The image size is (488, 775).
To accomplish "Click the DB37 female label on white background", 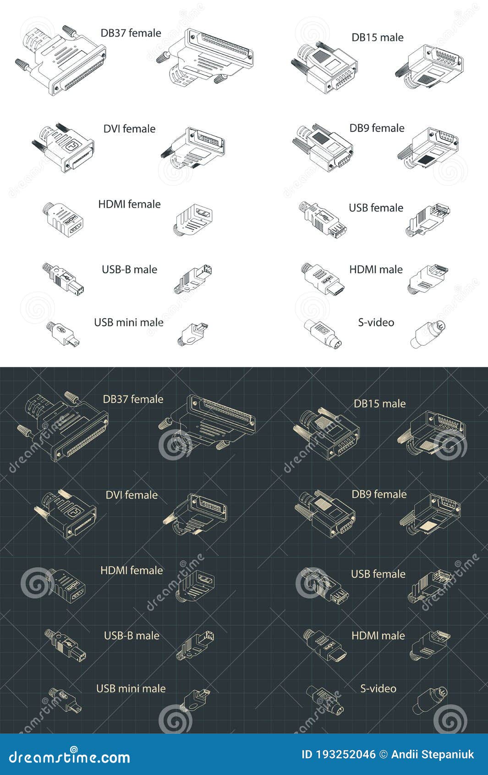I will [131, 33].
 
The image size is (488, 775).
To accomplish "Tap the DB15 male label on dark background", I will [379, 404].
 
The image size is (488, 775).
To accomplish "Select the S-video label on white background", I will [376, 322].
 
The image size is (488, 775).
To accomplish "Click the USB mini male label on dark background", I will [131, 688].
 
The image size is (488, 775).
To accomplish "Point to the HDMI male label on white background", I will [376, 270].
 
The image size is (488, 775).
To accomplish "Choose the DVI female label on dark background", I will [132, 495].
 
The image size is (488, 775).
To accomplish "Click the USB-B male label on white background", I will [129, 270].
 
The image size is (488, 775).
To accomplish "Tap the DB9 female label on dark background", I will [379, 494].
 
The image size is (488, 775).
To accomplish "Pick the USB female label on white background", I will [376, 208].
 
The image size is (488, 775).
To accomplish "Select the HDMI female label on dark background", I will [132, 570].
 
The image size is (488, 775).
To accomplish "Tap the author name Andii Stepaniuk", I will [432, 754].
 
